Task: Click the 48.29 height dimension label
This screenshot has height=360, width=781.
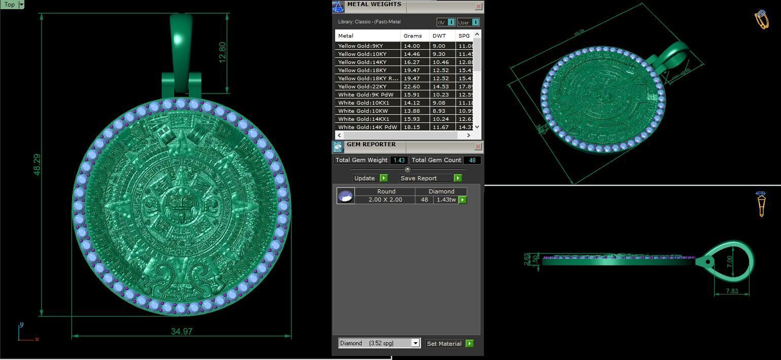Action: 37,165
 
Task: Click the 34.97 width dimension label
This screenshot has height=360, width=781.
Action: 181,332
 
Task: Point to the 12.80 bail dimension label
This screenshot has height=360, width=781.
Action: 222,52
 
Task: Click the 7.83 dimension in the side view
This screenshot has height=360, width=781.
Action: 732,291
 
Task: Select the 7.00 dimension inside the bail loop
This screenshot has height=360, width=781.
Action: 730,261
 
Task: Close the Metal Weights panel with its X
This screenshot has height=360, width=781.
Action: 478,7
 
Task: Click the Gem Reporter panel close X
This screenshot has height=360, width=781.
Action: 478,147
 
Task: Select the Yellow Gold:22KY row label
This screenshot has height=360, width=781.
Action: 362,86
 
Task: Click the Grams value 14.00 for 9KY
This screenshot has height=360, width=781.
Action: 412,46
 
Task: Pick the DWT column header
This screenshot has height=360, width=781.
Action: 439,36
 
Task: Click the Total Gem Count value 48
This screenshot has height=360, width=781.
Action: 472,160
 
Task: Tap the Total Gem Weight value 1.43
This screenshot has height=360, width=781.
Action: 399,160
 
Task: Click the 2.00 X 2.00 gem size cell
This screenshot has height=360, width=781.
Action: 384,200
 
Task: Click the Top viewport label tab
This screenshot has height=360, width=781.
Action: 10,5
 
